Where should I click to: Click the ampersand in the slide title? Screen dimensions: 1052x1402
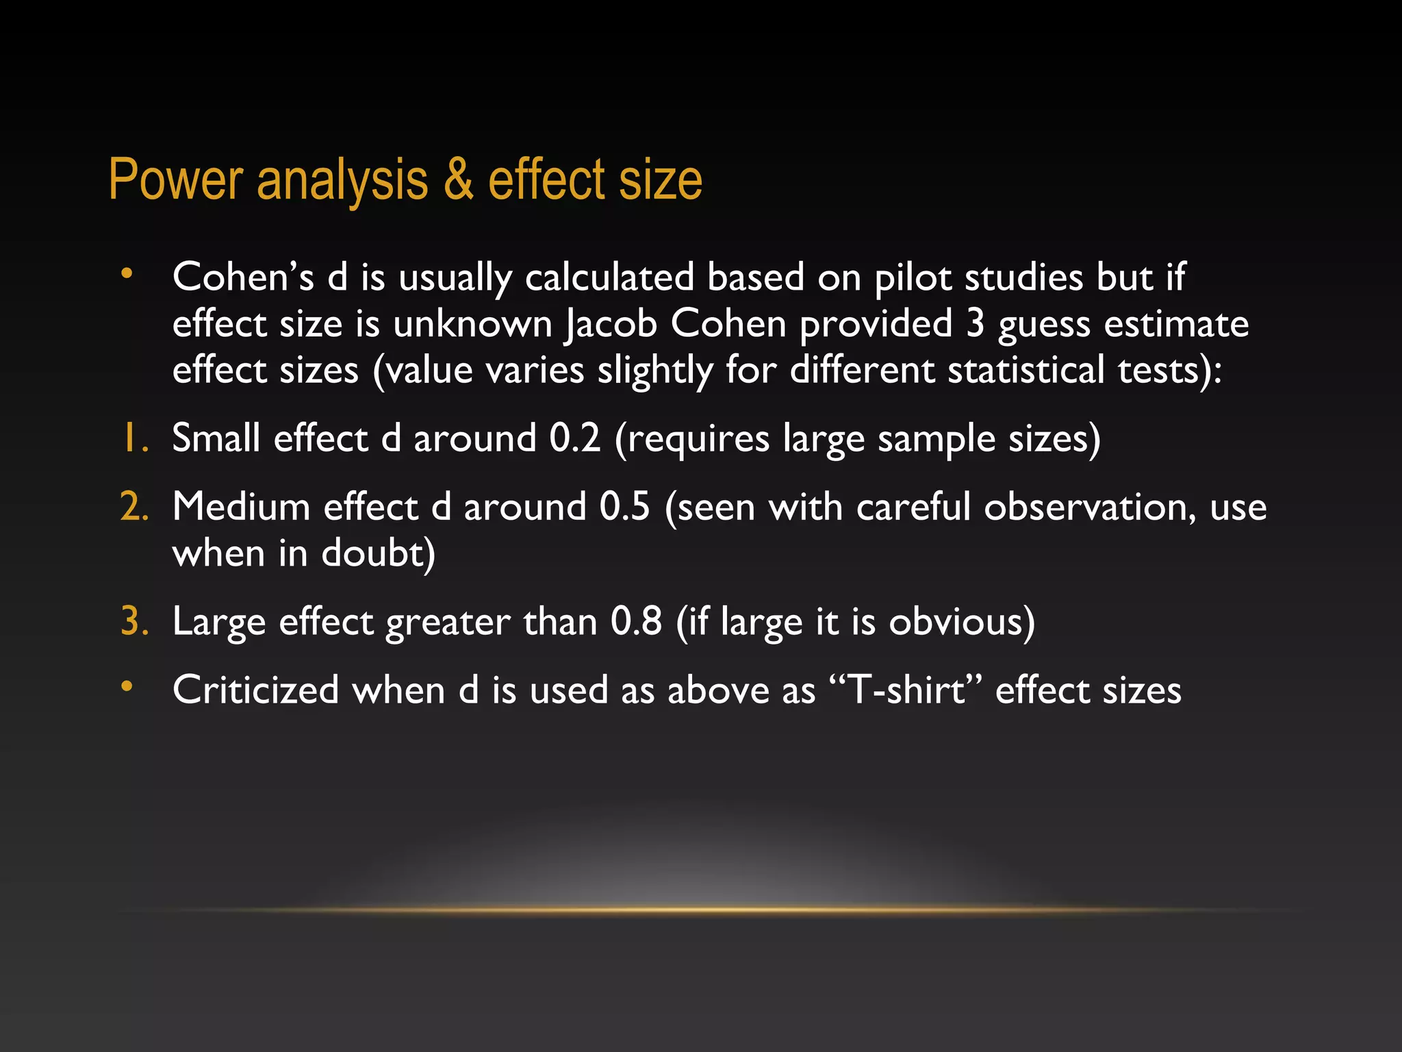[458, 180]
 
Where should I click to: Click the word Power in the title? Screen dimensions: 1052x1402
[175, 180]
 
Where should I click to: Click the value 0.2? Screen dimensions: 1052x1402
[574, 438]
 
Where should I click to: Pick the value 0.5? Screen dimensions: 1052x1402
[624, 507]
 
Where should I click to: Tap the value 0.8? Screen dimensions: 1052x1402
[636, 621]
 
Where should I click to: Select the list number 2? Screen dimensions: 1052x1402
[134, 507]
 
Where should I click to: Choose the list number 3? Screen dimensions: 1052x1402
[134, 621]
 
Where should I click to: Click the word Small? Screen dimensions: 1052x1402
[216, 438]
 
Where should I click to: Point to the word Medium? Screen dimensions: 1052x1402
[241, 507]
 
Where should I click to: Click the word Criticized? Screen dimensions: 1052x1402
[255, 690]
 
